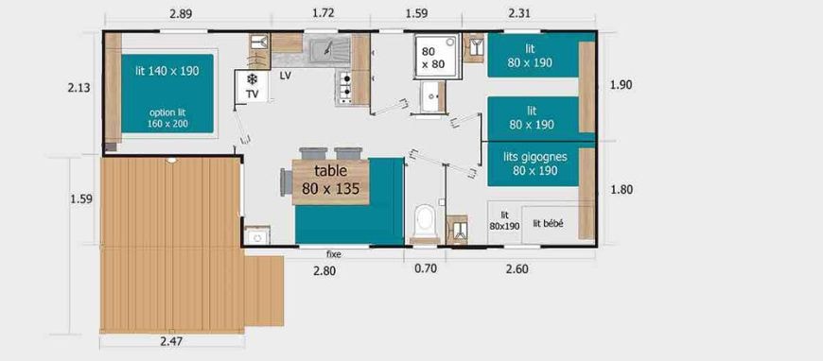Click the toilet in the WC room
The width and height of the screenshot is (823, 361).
tap(425, 223)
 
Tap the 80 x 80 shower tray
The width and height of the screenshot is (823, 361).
tap(436, 57)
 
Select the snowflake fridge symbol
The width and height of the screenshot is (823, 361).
tap(253, 79)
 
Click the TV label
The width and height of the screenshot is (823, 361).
tap(253, 95)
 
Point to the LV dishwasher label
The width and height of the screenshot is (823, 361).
tap(285, 76)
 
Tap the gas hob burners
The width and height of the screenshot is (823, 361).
tap(345, 88)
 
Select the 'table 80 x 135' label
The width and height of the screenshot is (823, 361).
tap(331, 180)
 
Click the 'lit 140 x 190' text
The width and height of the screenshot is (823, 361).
tap(167, 72)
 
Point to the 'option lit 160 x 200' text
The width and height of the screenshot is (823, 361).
tap(167, 118)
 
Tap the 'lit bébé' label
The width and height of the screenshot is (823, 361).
tap(548, 224)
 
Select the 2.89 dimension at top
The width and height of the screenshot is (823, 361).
tap(181, 14)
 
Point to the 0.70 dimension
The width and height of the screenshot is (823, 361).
tap(425, 269)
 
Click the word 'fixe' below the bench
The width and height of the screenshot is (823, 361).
tap(334, 254)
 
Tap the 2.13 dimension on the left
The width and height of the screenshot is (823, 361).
tap(79, 88)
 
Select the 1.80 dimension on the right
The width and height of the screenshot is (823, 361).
tap(622, 189)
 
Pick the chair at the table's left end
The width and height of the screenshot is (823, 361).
tap(287, 181)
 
